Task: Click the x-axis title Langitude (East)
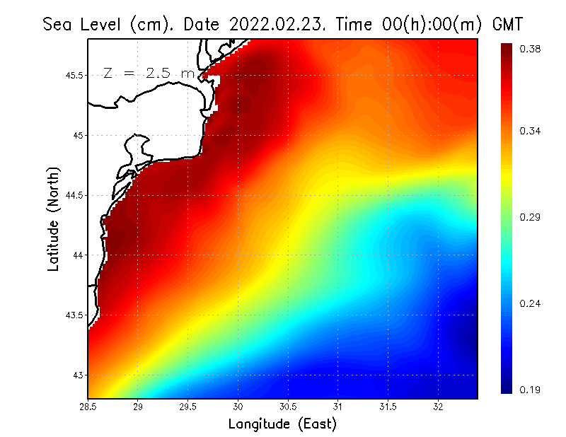pyautogui.click(x=282, y=424)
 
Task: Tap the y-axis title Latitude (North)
pyautogui.click(x=53, y=218)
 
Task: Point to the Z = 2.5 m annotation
pyautogui.click(x=149, y=73)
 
